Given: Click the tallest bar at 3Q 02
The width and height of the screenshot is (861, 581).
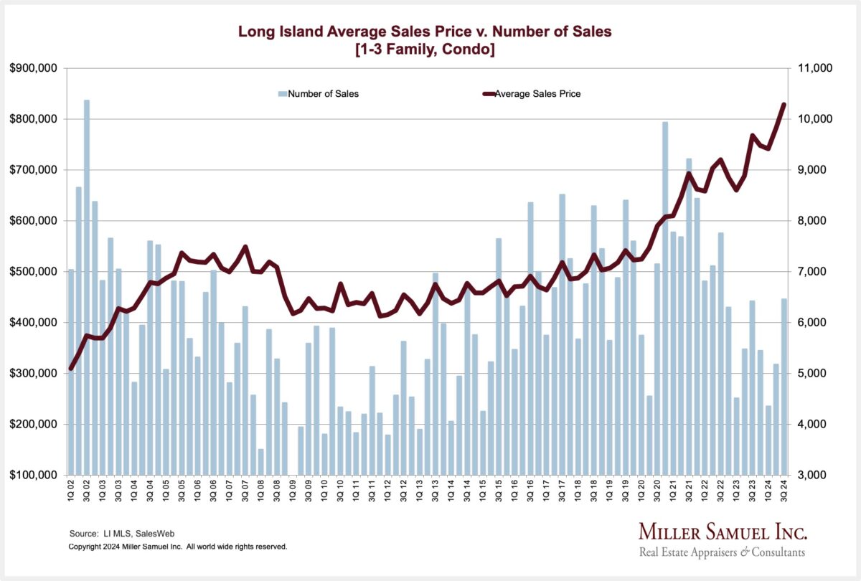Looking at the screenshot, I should click(x=87, y=287).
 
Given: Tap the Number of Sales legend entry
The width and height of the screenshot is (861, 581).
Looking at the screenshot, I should click(x=323, y=93).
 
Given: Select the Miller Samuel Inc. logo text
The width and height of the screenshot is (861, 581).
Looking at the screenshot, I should click(x=722, y=532).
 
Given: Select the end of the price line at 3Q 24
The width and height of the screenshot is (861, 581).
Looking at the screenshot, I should click(x=784, y=105).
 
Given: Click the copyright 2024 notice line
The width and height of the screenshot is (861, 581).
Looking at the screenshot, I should click(x=177, y=547).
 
